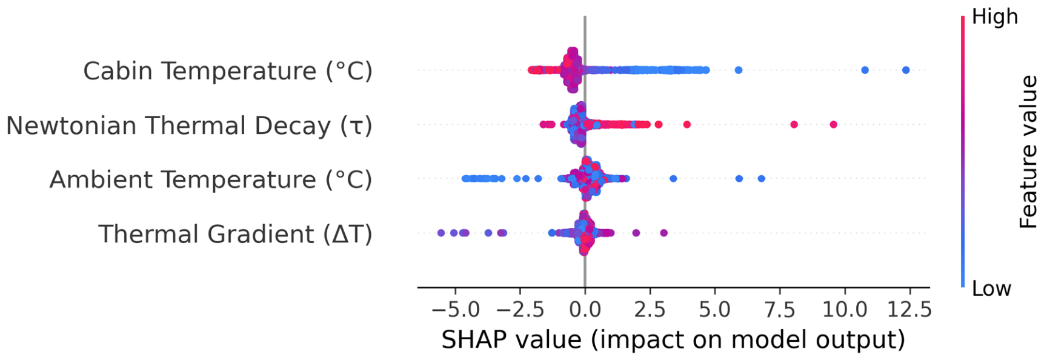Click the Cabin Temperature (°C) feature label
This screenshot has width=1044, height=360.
[x=228, y=71]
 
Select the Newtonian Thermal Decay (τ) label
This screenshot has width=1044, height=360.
[x=189, y=125]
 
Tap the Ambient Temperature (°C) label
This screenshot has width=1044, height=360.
[x=211, y=179]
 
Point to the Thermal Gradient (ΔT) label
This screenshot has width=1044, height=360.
[x=235, y=234]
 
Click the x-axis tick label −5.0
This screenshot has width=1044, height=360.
[x=455, y=309]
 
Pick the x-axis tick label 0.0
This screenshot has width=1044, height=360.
[x=585, y=309]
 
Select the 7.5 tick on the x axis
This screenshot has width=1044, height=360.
[x=779, y=309]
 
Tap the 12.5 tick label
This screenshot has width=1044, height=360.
[x=909, y=309]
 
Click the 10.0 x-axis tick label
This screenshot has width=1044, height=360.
[x=844, y=309]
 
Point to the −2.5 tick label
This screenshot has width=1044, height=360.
[x=520, y=309]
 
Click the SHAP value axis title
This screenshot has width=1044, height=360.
[x=673, y=339]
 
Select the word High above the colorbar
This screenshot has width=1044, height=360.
[x=995, y=16]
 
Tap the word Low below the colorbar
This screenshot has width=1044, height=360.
[x=991, y=288]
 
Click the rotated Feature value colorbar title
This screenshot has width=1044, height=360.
[x=1028, y=152]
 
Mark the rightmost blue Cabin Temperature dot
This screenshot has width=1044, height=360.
[x=906, y=70]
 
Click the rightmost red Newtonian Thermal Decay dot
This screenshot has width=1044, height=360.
[x=833, y=124]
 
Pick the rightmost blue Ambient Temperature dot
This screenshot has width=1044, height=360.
[x=761, y=179]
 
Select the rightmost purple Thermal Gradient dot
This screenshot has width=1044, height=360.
[x=663, y=233]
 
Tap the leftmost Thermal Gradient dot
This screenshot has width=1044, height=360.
[x=441, y=233]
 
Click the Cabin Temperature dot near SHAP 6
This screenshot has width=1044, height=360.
[x=738, y=70]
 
